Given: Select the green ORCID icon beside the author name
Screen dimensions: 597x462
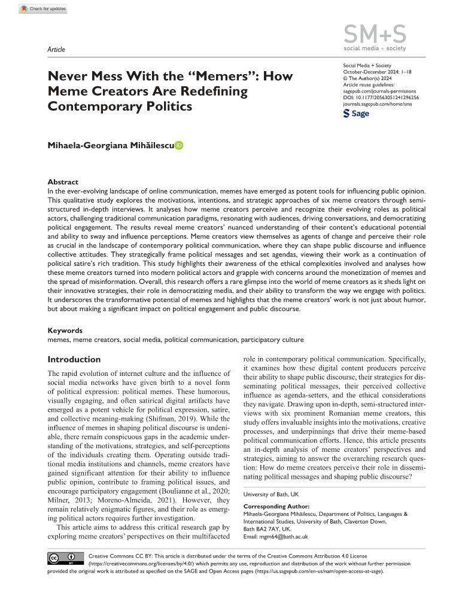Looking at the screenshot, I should pos(179,146).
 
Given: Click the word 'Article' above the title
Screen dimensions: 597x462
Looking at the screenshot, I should pos(56,50).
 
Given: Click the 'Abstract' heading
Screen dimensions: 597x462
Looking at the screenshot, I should pos(63,182).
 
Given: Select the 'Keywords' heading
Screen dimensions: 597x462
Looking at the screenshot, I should pos(65,330).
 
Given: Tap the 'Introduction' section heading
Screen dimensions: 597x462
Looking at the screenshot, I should pos(74,360).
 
